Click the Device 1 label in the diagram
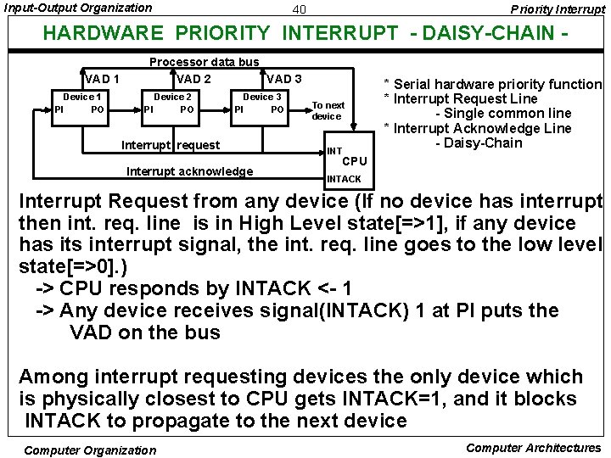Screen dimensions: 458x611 coord(83,97)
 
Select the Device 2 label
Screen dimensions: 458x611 coord(172,97)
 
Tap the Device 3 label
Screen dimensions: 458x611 coord(262,97)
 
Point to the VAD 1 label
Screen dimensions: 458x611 coord(101,80)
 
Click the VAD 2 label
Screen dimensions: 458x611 coord(193,80)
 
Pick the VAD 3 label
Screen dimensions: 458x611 coord(284,80)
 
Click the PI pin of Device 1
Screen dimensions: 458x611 coord(59,109)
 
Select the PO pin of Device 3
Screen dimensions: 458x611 coord(277,109)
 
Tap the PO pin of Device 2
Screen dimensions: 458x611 coord(188,109)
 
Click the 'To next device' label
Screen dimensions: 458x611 coord(328,110)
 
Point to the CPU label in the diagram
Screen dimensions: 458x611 coord(355,161)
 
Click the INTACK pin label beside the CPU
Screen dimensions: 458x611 coord(344,179)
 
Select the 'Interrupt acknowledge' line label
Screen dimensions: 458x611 coord(189,171)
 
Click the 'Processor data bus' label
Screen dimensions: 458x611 coord(204,62)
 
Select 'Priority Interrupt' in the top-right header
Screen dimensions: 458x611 coord(558,8)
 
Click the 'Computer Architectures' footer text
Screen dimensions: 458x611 coord(534,448)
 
